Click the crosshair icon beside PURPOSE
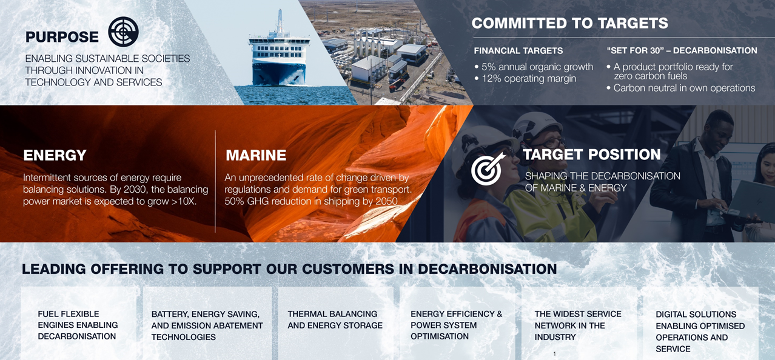[123, 32]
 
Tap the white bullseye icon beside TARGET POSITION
[487, 168]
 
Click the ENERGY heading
[55, 155]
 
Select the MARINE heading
[256, 155]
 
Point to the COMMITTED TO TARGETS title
[570, 23]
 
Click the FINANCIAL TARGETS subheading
[518, 51]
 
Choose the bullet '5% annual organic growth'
[534, 67]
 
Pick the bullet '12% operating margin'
[526, 79]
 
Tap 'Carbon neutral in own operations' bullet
[681, 88]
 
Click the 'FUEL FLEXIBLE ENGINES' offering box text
[78, 325]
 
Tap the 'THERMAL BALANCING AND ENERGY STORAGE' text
[335, 319]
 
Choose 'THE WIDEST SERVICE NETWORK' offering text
[578, 325]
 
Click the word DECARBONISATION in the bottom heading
[488, 269]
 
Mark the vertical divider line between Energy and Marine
[215, 181]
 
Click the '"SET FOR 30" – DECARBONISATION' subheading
[682, 50]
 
